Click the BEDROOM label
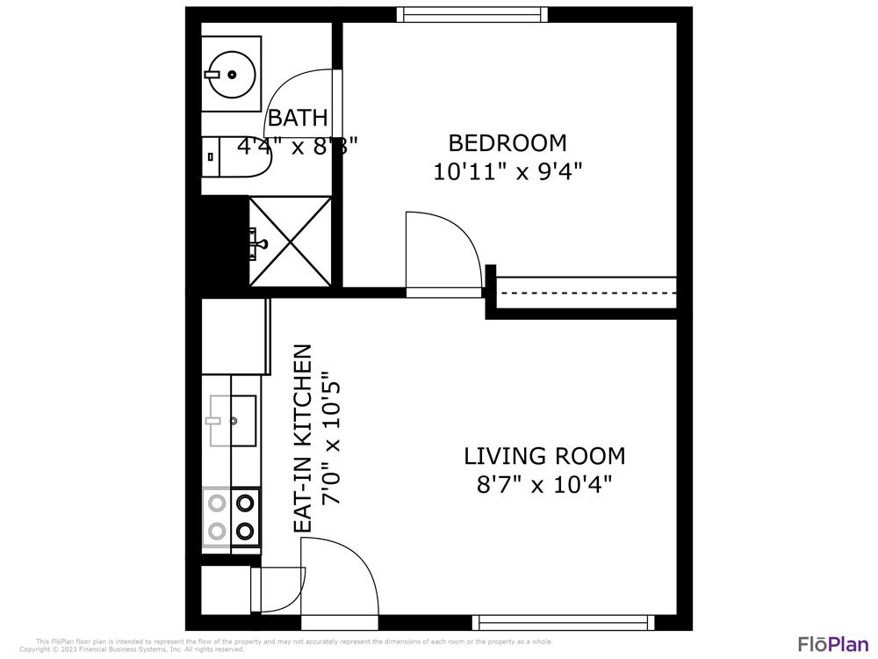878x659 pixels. point(507,142)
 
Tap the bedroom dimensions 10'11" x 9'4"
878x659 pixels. point(507,170)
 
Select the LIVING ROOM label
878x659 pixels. point(544,456)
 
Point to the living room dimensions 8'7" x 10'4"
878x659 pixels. point(544,483)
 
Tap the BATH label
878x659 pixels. point(298,118)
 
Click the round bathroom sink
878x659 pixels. point(231,74)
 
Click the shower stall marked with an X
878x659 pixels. point(291,241)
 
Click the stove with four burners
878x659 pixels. point(232,517)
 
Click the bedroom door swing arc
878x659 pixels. point(443,250)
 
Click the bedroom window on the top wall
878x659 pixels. point(471,14)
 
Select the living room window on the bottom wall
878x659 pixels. point(563,622)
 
